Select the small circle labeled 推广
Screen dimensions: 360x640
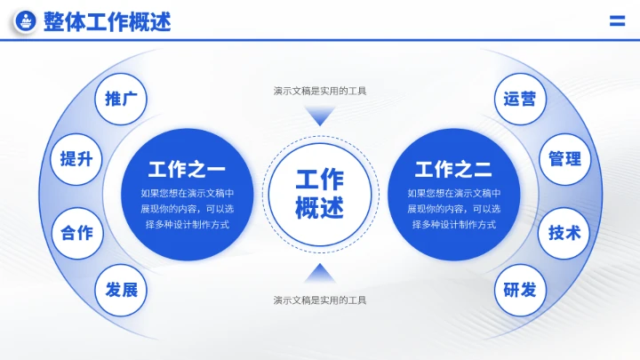pyautogui.click(x=121, y=99)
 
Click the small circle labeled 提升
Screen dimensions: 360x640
pyautogui.click(x=76, y=159)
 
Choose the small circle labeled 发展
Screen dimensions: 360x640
pyautogui.click(x=121, y=290)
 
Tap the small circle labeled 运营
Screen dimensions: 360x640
pyautogui.click(x=520, y=99)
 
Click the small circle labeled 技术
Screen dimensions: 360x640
pyautogui.click(x=564, y=233)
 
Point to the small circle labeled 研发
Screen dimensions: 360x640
pyautogui.click(x=520, y=290)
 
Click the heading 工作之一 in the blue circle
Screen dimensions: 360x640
pyautogui.click(x=187, y=170)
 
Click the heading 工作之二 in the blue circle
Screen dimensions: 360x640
pyautogui.click(x=453, y=170)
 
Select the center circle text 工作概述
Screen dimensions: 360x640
pyautogui.click(x=320, y=194)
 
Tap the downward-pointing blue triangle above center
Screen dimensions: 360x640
pyautogui.click(x=320, y=116)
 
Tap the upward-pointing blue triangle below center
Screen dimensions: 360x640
pyautogui.click(x=320, y=272)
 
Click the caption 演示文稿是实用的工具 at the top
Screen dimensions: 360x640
pyautogui.click(x=320, y=91)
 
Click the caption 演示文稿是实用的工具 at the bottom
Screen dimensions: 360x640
pyautogui.click(x=320, y=300)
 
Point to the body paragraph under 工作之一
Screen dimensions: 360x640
pyautogui.click(x=187, y=209)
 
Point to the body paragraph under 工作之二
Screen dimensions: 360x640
pyautogui.click(x=453, y=209)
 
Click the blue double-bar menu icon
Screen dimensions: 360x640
pyautogui.click(x=618, y=22)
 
